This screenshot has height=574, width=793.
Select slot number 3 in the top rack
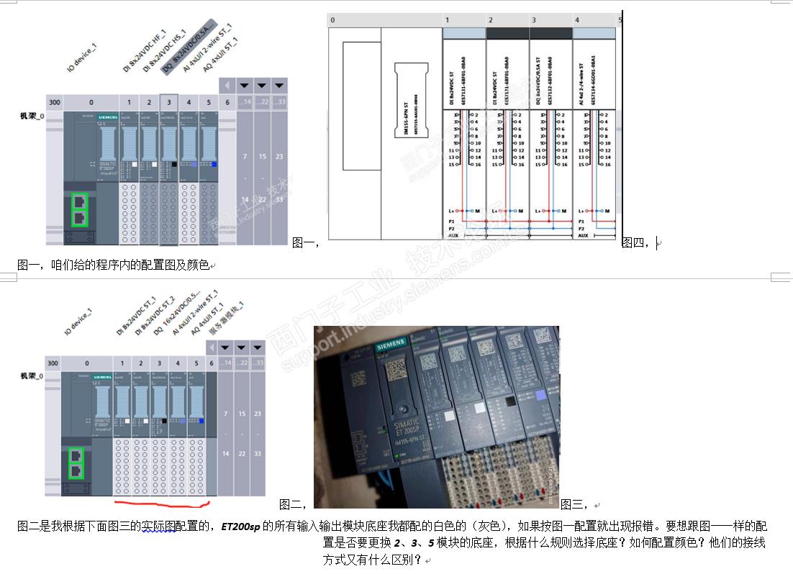(x=169, y=102)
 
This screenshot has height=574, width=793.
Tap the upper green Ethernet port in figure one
(x=80, y=202)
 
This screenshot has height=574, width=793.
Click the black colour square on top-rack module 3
(x=173, y=165)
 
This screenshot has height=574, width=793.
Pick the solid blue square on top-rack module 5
(x=214, y=165)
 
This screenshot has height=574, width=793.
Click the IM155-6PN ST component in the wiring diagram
(x=407, y=99)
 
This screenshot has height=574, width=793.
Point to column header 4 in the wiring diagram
(x=577, y=20)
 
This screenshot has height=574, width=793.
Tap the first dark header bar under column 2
(x=507, y=33)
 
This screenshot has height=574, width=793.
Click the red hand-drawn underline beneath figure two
(x=162, y=502)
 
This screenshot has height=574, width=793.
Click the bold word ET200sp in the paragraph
(x=240, y=526)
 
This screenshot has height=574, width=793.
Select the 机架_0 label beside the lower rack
(x=31, y=375)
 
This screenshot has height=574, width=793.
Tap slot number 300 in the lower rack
(x=53, y=363)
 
